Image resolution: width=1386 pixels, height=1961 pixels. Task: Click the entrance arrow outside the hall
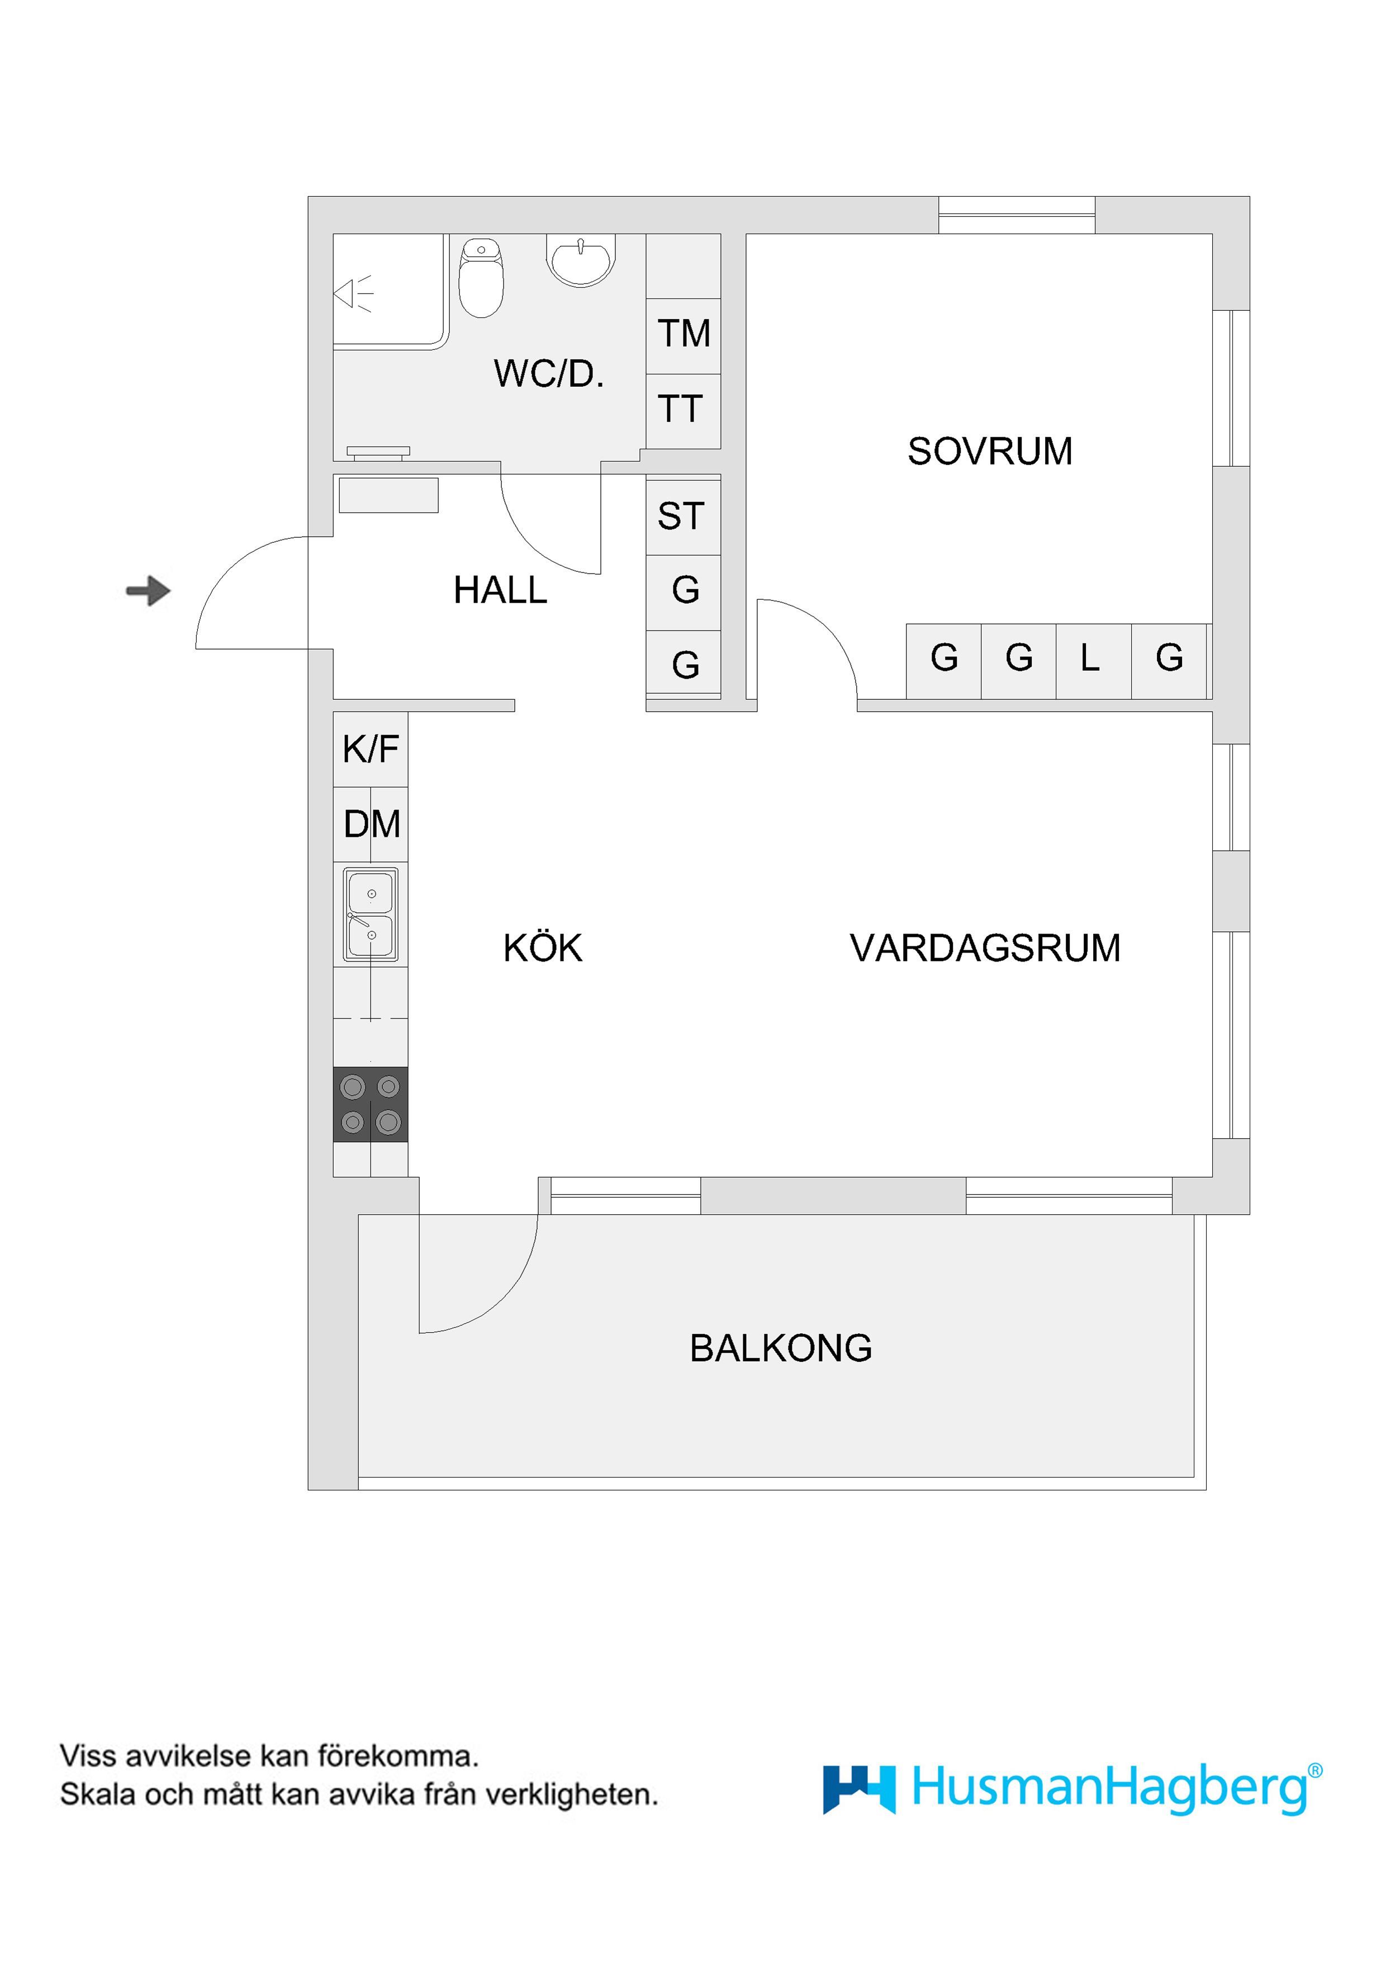click(x=149, y=590)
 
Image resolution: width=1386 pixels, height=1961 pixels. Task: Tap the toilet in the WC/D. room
click(x=482, y=278)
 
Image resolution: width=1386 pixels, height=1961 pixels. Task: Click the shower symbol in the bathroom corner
click(x=354, y=293)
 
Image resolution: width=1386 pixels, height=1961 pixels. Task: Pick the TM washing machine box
click(x=683, y=334)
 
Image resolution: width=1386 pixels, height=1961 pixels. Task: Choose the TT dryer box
click(x=681, y=409)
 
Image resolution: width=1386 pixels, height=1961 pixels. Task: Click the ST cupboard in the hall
click(x=681, y=516)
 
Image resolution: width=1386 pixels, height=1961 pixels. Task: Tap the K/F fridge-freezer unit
click(x=371, y=749)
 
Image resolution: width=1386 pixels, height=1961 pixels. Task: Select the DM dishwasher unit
click(x=371, y=824)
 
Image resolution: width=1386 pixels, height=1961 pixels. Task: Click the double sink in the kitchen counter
click(x=371, y=914)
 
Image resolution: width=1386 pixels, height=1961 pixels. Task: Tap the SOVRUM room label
click(x=990, y=451)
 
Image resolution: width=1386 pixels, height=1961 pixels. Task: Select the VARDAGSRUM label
click(x=985, y=948)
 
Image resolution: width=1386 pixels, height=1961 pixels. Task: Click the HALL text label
click(x=500, y=590)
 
